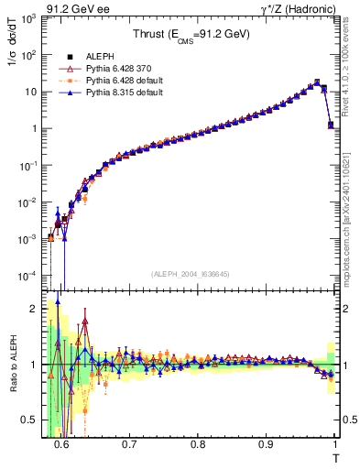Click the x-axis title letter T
tap(336, 458)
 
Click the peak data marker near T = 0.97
tap(316, 82)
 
